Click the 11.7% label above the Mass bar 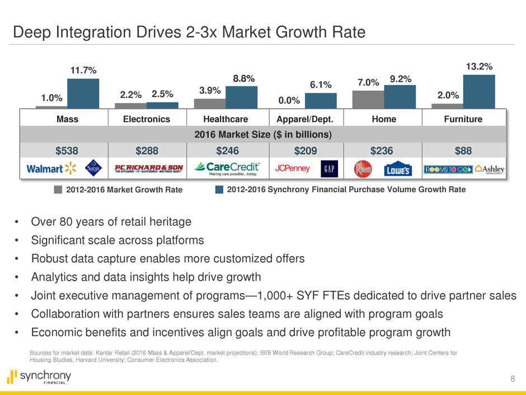click(83, 71)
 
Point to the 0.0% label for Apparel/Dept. click(289, 101)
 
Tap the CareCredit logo click(227, 168)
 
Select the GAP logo click(328, 168)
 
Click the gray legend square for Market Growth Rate click(58, 189)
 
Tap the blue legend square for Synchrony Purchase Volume click(219, 189)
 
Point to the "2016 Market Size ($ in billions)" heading click(262, 134)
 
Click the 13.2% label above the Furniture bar click(479, 67)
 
